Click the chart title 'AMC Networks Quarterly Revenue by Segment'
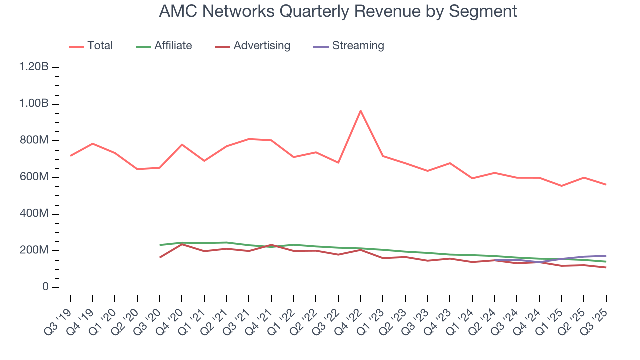tap(338, 11)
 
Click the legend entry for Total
tap(100, 46)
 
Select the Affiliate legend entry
tap(173, 46)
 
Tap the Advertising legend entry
tap(262, 46)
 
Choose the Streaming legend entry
tap(358, 46)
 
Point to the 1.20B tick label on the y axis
tap(34, 67)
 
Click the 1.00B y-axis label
tap(34, 104)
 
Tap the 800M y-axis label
tap(34, 141)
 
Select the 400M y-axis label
tap(34, 214)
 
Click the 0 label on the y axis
tap(45, 287)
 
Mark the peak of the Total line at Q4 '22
tap(360, 110)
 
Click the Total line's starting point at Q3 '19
tap(70, 156)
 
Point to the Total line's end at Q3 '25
tap(606, 185)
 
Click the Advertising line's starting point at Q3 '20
tap(160, 258)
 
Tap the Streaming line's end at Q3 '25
tap(606, 256)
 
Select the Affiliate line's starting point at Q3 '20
tap(160, 245)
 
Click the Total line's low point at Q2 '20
tap(137, 169)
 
